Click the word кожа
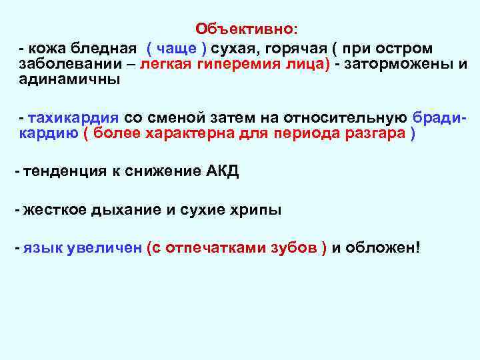[44, 49]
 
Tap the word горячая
[293, 49]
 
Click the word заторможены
[399, 65]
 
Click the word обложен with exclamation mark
[383, 249]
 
